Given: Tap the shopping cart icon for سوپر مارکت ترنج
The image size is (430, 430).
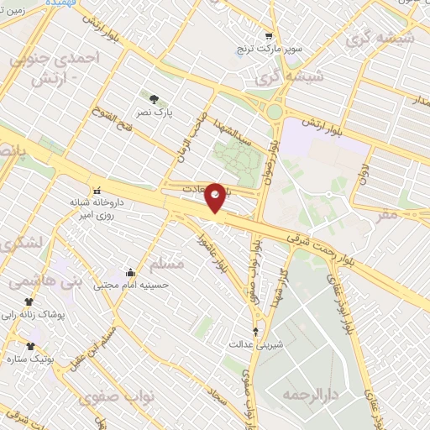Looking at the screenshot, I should [x=268, y=36].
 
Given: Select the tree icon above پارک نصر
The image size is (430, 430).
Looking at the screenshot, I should [x=152, y=98].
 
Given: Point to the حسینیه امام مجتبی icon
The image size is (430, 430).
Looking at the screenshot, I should [x=130, y=272].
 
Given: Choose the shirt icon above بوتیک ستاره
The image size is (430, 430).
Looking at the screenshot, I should [x=32, y=345].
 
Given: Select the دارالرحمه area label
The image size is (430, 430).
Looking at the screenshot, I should [x=303, y=394].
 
